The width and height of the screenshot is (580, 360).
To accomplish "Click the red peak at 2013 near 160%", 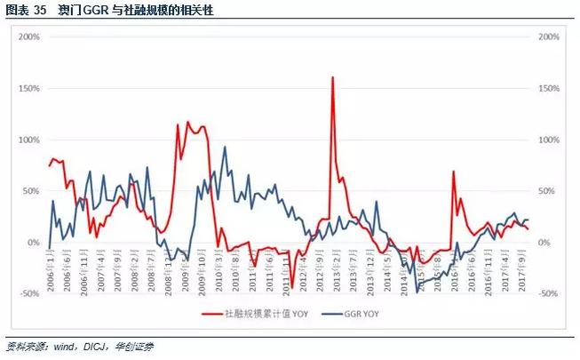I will coord(332,77).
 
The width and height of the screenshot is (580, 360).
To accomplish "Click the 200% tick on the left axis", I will coord(29,37).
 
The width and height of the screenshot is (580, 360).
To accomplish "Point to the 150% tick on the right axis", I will coord(547,89).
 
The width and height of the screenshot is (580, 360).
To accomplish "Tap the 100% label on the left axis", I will coord(29,140).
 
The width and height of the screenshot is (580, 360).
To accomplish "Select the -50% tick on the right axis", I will coord(547,293).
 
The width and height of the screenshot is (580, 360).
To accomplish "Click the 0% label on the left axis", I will coord(34,242).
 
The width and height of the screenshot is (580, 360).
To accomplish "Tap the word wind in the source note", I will coord(52,345).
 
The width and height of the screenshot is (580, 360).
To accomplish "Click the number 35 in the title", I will coord(39,11).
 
